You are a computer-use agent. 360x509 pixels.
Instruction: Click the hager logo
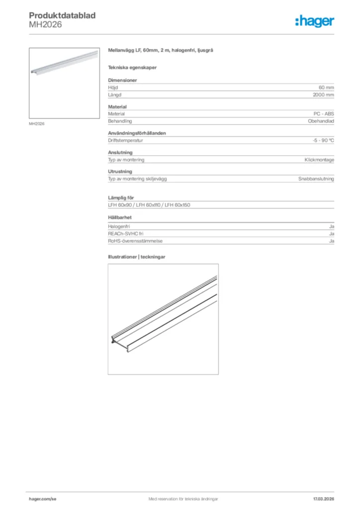(x=315, y=21)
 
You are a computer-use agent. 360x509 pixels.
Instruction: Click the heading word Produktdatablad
(x=62, y=15)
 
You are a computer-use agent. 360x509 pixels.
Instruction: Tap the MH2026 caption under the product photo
(x=37, y=124)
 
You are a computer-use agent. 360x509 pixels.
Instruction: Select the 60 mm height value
(x=326, y=87)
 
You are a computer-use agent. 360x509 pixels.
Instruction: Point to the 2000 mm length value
(x=323, y=94)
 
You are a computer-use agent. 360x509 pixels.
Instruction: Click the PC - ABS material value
(x=324, y=114)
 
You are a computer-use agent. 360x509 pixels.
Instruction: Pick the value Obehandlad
(x=321, y=121)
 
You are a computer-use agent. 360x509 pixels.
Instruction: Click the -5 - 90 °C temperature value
(x=323, y=141)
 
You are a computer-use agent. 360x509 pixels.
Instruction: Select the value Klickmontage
(x=319, y=160)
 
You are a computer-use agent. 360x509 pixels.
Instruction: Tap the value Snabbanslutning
(x=316, y=179)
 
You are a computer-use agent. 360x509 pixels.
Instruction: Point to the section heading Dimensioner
(x=122, y=80)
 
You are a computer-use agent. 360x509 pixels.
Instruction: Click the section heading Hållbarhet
(x=120, y=217)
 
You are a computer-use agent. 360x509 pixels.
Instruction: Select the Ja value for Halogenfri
(x=331, y=227)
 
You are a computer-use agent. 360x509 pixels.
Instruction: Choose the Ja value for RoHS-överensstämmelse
(x=331, y=241)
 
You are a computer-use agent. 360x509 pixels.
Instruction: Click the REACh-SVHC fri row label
(x=126, y=234)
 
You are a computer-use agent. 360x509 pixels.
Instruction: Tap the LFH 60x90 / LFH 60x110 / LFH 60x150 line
(x=149, y=205)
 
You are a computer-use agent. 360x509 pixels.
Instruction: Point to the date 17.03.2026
(x=323, y=499)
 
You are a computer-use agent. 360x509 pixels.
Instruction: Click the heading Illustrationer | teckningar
(x=136, y=257)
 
